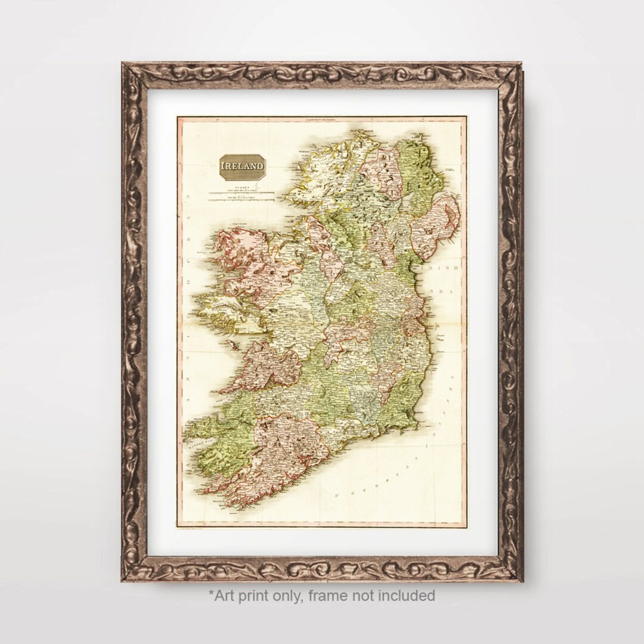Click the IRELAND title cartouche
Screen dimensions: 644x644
pyautogui.click(x=243, y=164)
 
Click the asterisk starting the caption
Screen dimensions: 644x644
pyautogui.click(x=210, y=593)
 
